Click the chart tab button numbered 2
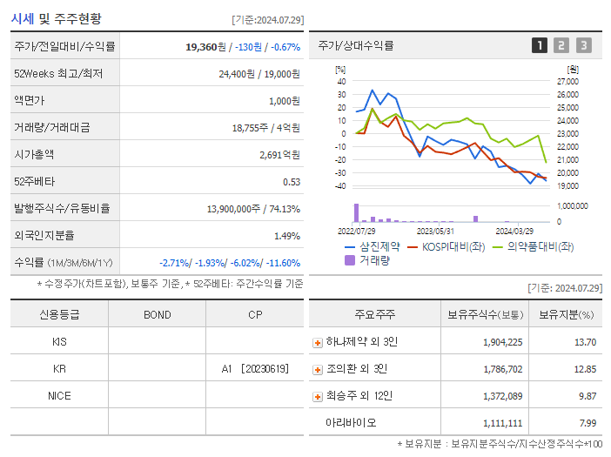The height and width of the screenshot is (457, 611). point(561,46)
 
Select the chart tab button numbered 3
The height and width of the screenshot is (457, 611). point(583,46)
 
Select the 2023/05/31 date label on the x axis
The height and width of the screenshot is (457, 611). point(435,231)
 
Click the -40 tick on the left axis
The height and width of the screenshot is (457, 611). point(341,185)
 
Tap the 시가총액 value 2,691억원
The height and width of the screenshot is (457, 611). point(279,154)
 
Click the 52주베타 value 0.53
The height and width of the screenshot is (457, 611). point(292,181)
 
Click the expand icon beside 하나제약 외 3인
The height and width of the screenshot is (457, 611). point(317,342)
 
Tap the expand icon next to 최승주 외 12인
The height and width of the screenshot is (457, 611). point(317,396)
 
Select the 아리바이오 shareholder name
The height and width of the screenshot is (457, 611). point(352,423)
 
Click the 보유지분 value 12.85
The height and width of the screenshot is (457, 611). point(585,369)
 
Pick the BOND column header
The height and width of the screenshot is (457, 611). point(157,314)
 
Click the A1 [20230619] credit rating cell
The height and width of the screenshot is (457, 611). point(254,369)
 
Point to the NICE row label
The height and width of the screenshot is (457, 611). point(59,396)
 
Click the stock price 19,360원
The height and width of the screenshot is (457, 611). point(205,46)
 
